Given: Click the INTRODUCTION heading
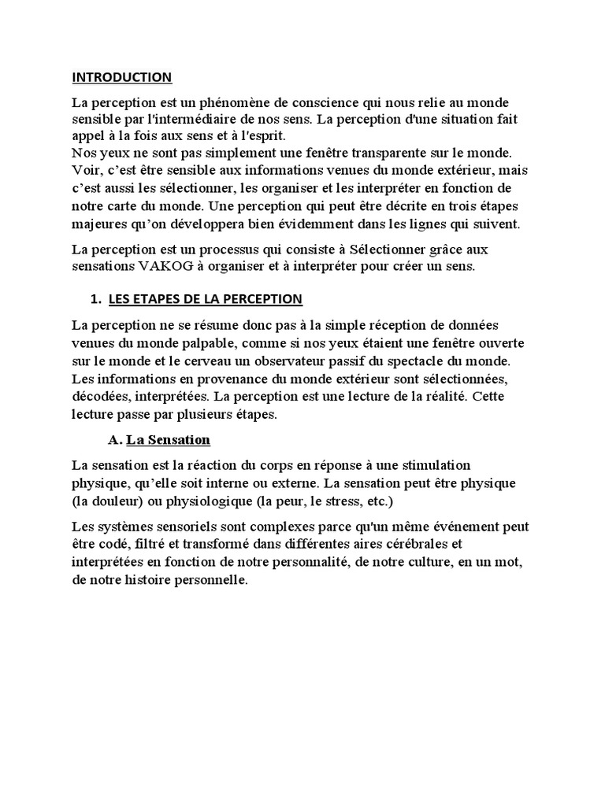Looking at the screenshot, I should [x=121, y=77].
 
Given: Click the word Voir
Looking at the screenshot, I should [x=84, y=168].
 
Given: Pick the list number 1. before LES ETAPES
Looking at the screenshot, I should [x=96, y=299].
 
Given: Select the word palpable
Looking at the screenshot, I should [x=194, y=343].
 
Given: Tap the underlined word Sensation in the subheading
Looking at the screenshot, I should [x=182, y=439].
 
